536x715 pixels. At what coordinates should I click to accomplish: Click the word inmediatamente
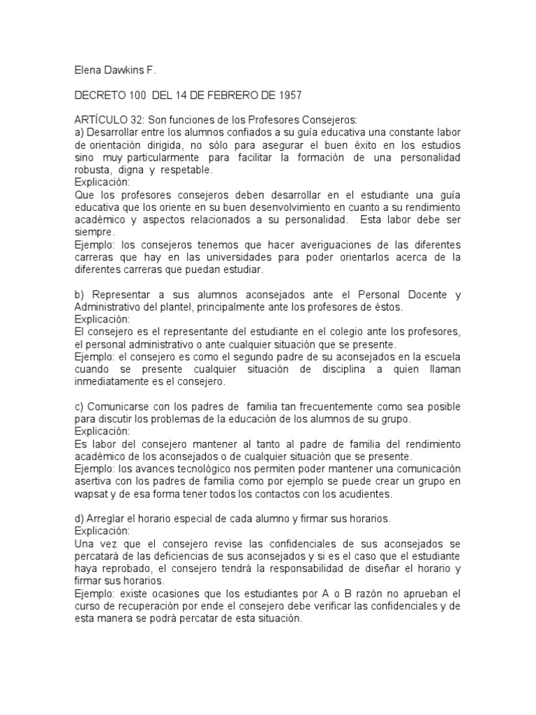[112, 382]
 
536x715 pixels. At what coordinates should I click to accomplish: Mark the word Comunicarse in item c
[117, 406]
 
